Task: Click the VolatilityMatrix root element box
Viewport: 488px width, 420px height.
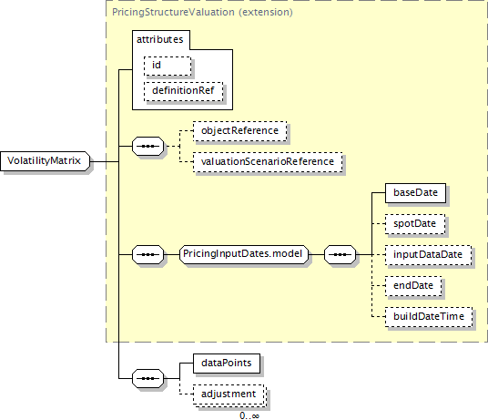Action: point(46,161)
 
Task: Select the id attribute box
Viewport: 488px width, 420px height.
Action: point(168,66)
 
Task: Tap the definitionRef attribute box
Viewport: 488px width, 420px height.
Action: point(184,91)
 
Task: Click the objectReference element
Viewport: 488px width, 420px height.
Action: point(240,131)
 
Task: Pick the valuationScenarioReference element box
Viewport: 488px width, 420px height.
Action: point(268,162)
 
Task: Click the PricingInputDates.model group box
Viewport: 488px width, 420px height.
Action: point(244,254)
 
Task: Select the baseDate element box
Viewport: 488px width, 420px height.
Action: point(415,193)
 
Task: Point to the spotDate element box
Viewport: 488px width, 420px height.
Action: point(415,224)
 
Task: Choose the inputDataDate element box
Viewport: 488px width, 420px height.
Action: point(428,255)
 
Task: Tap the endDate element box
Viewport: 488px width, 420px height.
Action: point(413,286)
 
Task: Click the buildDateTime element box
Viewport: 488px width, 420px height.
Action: point(429,317)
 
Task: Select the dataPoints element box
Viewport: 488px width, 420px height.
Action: point(227,364)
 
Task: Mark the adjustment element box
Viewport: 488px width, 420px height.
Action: point(229,394)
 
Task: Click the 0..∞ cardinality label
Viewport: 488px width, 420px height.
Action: point(249,415)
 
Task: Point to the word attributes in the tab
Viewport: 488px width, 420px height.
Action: point(160,39)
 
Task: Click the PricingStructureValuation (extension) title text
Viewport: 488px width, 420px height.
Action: point(202,12)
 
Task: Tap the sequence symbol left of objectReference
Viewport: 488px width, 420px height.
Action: point(147,146)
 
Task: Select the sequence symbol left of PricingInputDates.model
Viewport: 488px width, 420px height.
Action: point(147,255)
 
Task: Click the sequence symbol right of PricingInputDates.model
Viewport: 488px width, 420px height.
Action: point(340,255)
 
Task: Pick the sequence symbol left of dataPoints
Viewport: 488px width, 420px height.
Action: point(147,379)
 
